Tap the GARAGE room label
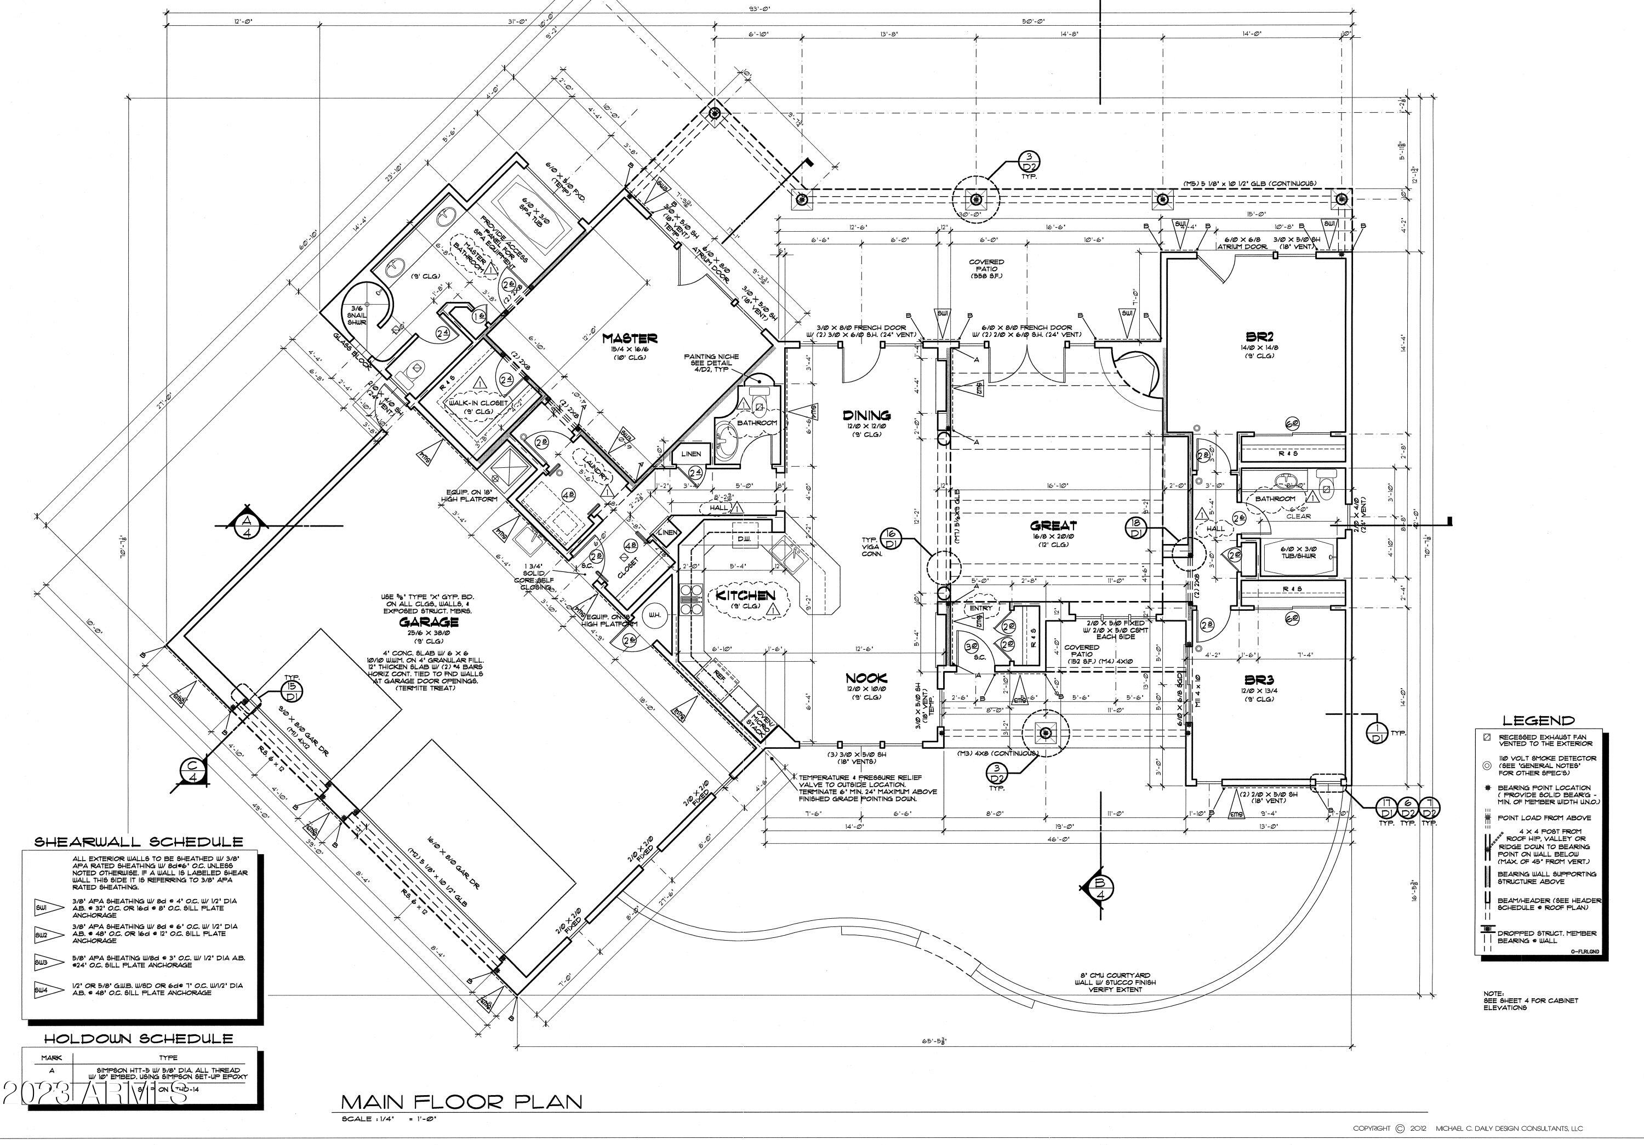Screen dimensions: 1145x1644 coord(429,622)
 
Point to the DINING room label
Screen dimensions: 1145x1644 coord(866,415)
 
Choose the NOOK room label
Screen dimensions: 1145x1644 coord(866,678)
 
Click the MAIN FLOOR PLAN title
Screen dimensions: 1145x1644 coord(461,1101)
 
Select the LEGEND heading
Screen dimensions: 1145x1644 coord(1538,720)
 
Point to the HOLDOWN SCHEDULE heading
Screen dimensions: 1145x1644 coord(138,1038)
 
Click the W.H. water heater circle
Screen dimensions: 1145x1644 coord(654,615)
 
